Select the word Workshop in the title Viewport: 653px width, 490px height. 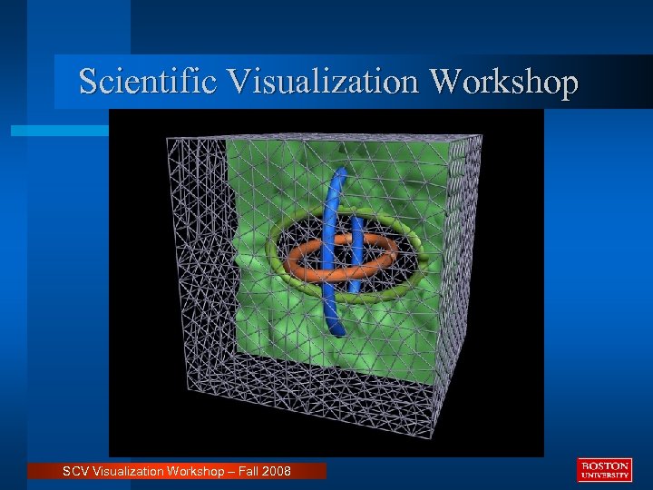pos(504,82)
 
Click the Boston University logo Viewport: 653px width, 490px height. pos(604,470)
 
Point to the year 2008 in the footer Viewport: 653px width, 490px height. pos(275,471)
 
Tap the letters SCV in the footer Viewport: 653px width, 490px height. pos(76,471)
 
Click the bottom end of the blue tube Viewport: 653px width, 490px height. pos(337,332)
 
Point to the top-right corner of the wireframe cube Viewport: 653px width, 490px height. pos(482,137)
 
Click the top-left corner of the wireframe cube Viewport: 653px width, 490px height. pos(167,139)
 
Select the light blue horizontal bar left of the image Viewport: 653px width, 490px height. pos(59,132)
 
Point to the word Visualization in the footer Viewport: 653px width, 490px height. pos(126,471)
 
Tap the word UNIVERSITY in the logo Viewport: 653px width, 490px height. pos(604,475)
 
